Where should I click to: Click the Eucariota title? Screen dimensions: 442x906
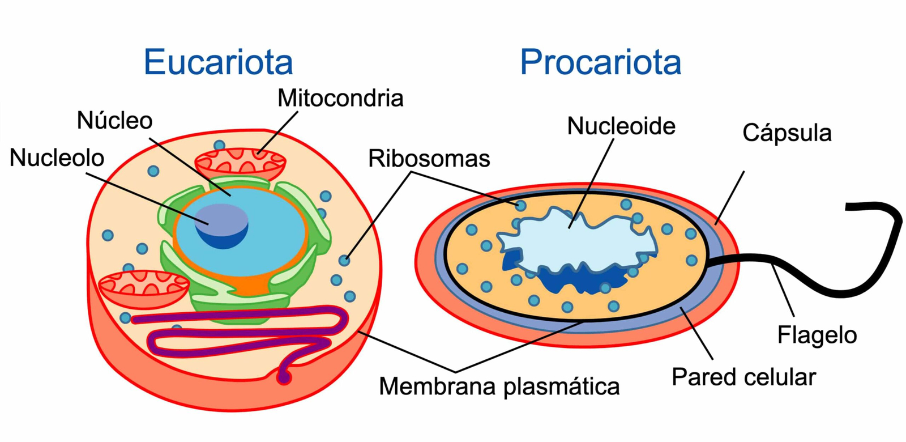(x=218, y=62)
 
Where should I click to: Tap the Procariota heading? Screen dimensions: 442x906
(x=600, y=62)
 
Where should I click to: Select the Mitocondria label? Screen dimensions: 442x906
(x=340, y=98)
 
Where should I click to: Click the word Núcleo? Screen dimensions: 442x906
(x=115, y=121)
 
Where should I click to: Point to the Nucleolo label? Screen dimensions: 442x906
(x=57, y=158)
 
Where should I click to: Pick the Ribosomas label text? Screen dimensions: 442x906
(x=429, y=159)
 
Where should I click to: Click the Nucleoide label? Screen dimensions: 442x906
(x=621, y=126)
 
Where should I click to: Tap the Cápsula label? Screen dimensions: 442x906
(x=787, y=133)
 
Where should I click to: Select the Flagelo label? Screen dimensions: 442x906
(x=817, y=335)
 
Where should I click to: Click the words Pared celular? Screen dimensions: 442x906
(x=743, y=377)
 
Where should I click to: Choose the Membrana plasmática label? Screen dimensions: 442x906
(x=499, y=386)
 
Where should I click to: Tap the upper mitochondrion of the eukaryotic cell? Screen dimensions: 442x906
(x=240, y=163)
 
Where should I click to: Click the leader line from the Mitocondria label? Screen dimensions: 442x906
(x=278, y=133)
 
